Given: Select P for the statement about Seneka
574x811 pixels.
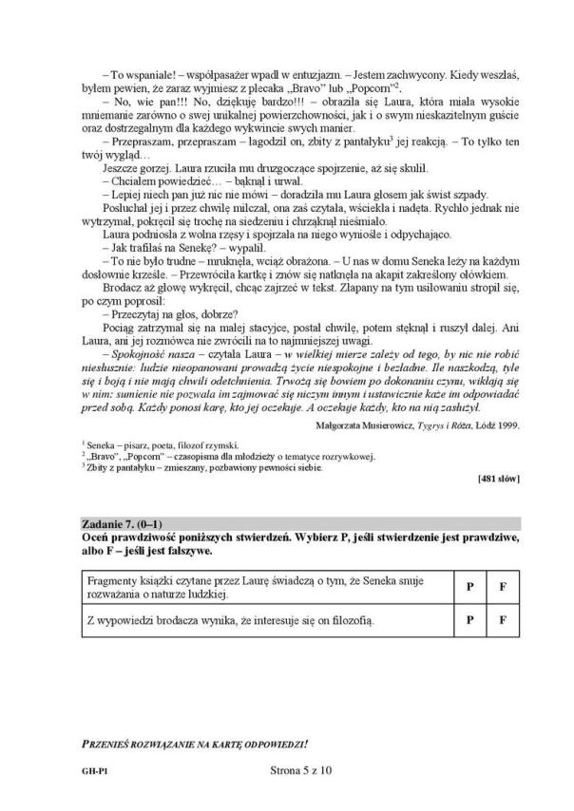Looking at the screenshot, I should pyautogui.click(x=469, y=586).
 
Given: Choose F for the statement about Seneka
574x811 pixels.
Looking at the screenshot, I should pyautogui.click(x=502, y=586).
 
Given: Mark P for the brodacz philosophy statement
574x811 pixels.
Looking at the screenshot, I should pyautogui.click(x=469, y=621).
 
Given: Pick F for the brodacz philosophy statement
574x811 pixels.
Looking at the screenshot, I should pyautogui.click(x=502, y=621).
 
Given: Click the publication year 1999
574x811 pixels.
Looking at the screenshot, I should pyautogui.click(x=510, y=425).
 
